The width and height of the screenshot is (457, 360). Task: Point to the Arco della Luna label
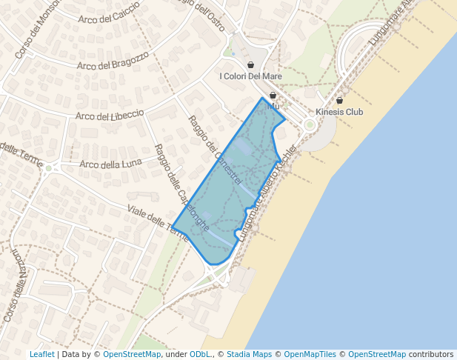coord(110,164)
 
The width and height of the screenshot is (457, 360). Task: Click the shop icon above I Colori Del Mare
coord(250,65)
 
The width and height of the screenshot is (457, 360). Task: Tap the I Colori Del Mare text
coord(250,76)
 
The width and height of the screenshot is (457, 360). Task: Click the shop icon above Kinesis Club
coord(340,101)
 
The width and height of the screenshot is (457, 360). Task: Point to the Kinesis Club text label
coord(340,113)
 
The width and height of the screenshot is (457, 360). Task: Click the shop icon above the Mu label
coord(273,96)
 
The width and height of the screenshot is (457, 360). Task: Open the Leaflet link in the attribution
coord(41,355)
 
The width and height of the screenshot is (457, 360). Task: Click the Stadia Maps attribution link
coord(249,355)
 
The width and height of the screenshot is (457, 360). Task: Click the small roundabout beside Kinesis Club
coord(309,124)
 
